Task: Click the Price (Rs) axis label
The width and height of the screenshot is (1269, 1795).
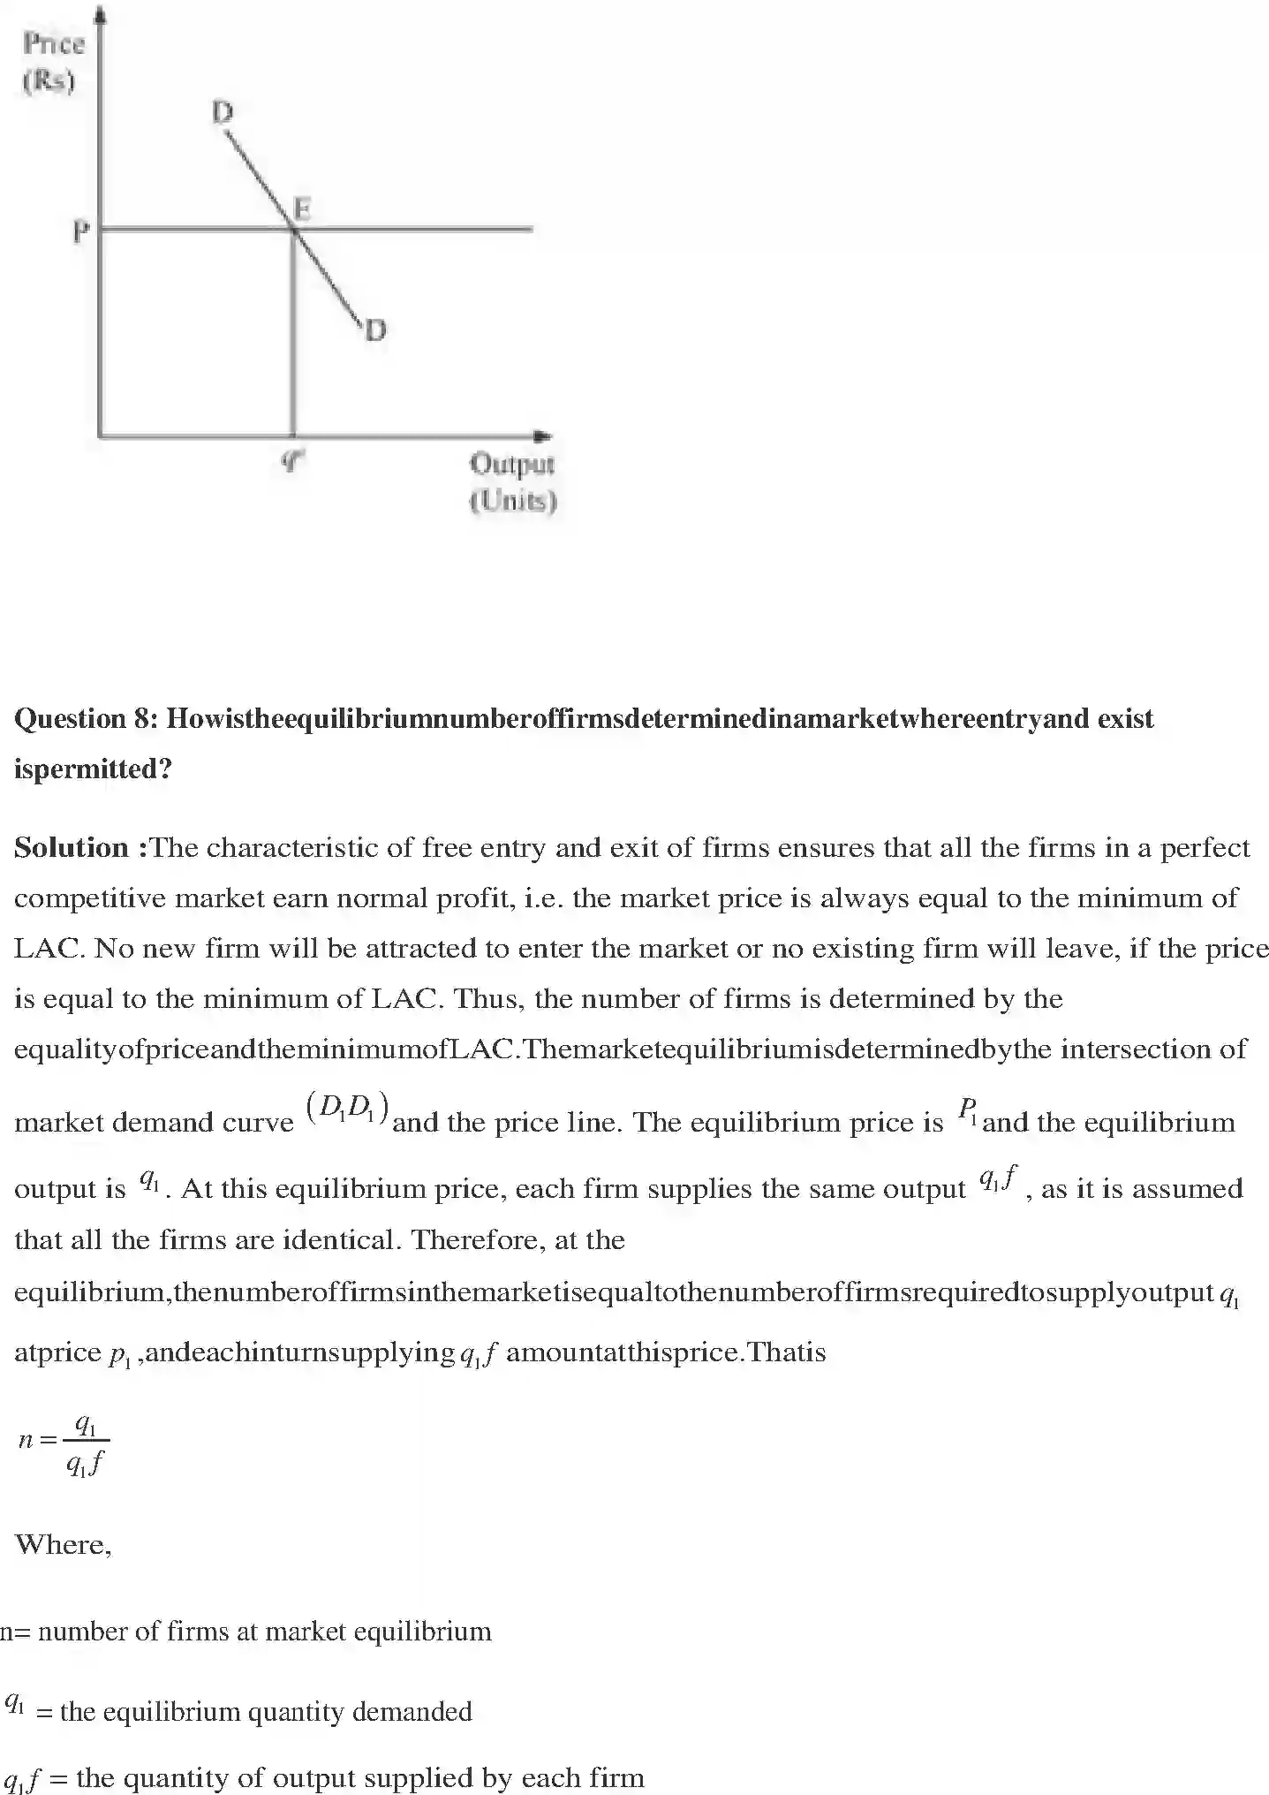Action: click(53, 62)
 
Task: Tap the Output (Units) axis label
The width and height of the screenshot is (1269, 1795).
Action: click(512, 482)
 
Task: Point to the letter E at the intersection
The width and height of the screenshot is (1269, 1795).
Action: click(302, 209)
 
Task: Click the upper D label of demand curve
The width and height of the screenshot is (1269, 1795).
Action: click(223, 112)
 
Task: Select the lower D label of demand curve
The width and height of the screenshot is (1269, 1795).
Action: click(375, 330)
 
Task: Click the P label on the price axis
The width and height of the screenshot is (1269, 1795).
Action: click(80, 232)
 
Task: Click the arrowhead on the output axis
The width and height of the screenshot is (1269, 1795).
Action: click(544, 436)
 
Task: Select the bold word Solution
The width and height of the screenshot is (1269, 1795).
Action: click(72, 848)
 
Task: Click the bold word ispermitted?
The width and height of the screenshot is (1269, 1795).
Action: click(93, 769)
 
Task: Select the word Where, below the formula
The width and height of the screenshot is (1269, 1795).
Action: click(64, 1544)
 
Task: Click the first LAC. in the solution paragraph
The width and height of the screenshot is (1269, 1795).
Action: click(49, 949)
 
